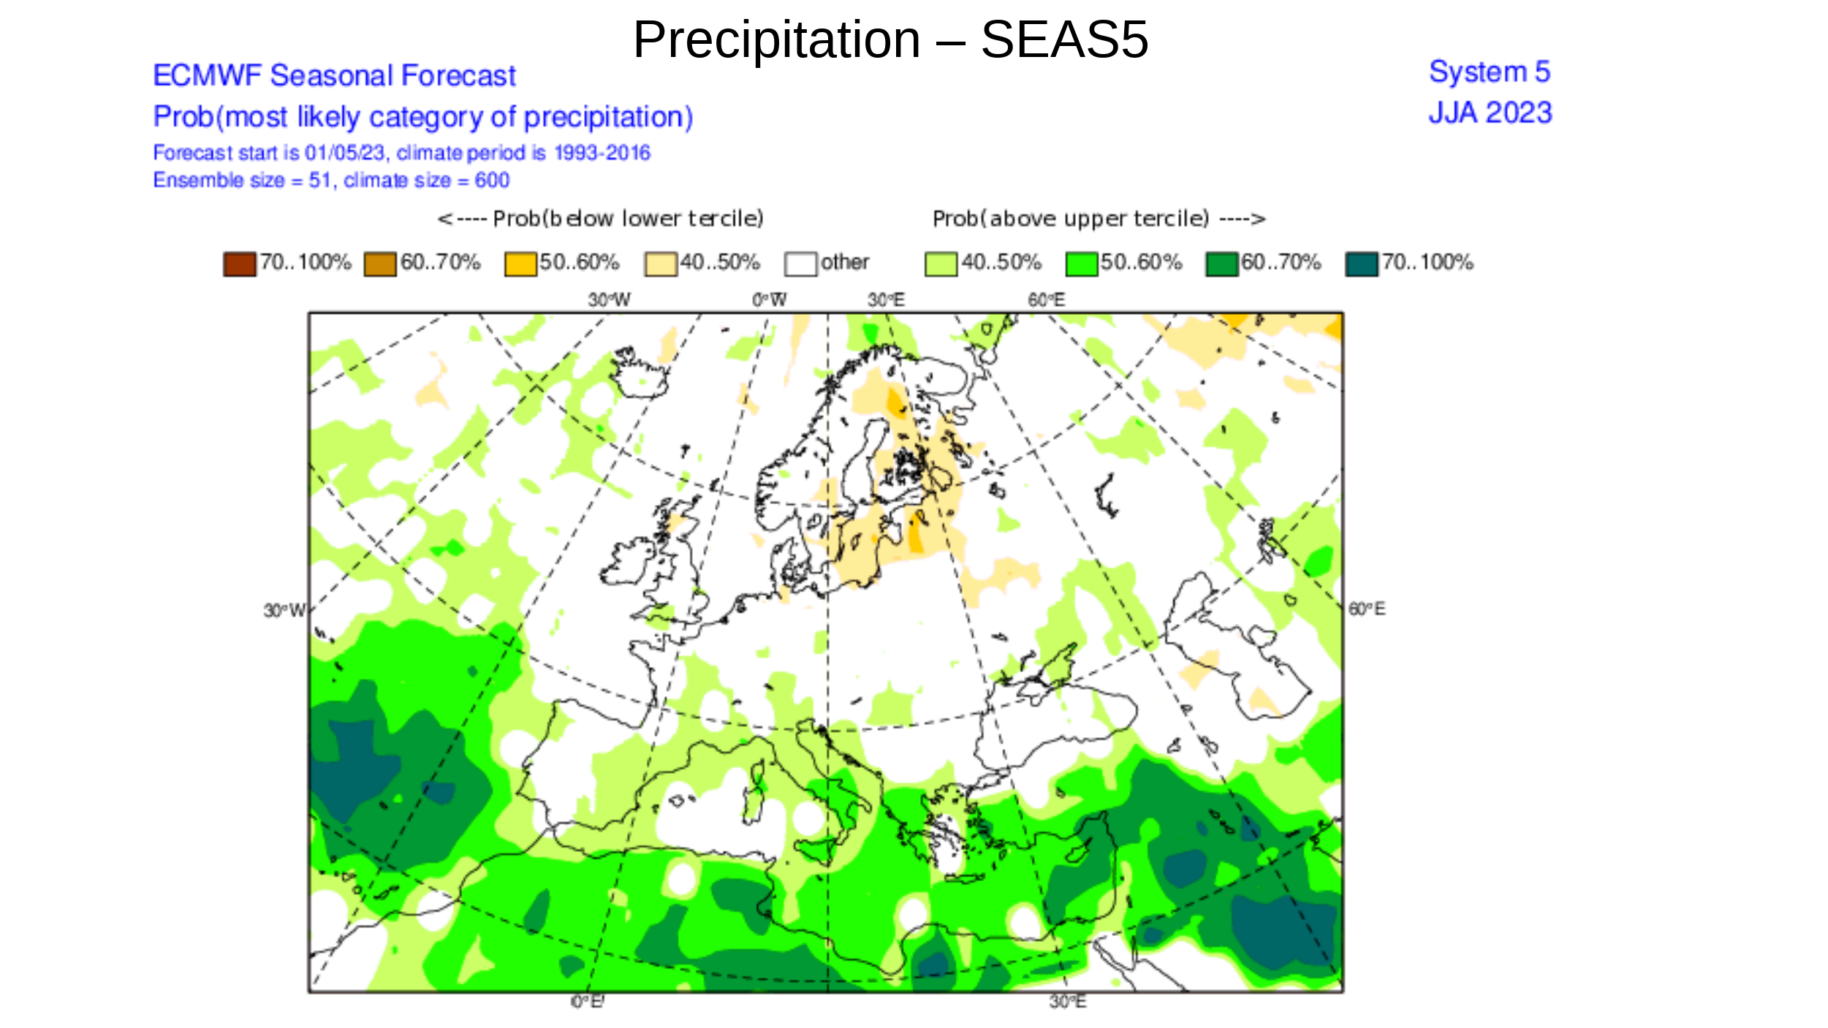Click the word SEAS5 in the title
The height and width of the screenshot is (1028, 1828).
(1063, 39)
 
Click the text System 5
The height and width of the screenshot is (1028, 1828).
(1489, 72)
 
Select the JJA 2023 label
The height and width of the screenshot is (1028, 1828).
(1490, 113)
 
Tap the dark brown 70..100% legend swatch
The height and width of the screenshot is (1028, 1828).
(240, 264)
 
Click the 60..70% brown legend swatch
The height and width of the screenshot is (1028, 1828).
(380, 264)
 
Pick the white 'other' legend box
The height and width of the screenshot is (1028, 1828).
(800, 264)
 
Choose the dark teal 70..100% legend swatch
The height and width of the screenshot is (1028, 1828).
(1362, 264)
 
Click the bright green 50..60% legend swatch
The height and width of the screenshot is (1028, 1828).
(1081, 264)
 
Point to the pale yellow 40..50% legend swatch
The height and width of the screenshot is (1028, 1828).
(660, 264)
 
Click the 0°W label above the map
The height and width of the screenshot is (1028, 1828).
(769, 300)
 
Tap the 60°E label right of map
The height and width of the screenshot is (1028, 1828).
(1366, 609)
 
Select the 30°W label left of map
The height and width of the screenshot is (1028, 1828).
(284, 610)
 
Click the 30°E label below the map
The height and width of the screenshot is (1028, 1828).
(1067, 1001)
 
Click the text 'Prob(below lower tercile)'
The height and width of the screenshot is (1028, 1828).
(601, 218)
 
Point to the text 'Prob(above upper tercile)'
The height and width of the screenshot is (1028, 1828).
(1099, 218)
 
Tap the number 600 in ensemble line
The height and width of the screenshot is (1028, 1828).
(491, 180)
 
